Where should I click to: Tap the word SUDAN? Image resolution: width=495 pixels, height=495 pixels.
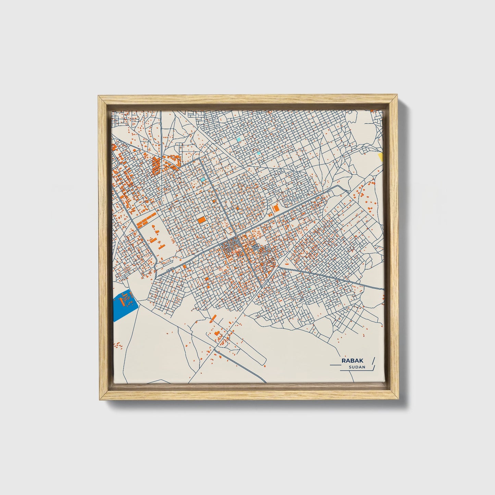(x=357, y=367)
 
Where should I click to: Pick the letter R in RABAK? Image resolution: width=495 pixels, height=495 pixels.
(x=343, y=361)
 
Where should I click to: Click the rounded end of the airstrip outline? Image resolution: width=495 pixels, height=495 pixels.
(x=264, y=360)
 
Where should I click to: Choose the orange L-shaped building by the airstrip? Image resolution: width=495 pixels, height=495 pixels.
(x=216, y=333)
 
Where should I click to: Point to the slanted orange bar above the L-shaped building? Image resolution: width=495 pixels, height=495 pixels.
(x=213, y=318)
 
